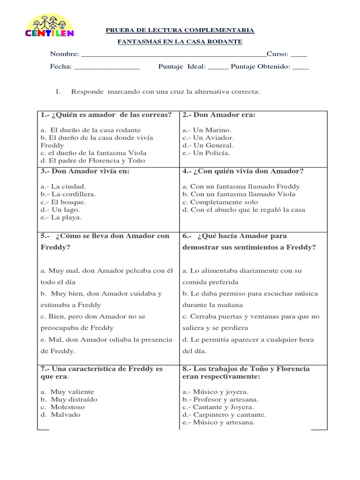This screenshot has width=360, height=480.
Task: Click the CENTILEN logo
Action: tap(49, 26)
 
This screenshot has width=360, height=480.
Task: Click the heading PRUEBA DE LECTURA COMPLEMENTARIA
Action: tap(180, 30)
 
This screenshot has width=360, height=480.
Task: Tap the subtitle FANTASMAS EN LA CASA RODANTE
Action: tap(180, 42)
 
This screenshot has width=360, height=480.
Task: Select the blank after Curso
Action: tap(299, 54)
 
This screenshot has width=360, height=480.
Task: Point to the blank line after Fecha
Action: tap(107, 67)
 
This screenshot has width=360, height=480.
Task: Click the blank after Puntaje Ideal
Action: tap(218, 67)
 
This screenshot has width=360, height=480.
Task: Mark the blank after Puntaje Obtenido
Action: tap(300, 67)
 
